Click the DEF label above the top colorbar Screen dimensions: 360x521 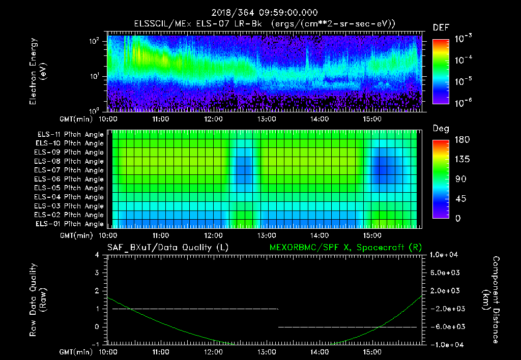tap(441, 27)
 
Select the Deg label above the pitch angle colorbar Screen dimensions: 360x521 tap(441, 129)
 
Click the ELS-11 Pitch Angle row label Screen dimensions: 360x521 tap(70, 135)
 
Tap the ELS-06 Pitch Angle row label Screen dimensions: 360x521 tap(70, 179)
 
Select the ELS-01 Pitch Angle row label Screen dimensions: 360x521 tap(70, 224)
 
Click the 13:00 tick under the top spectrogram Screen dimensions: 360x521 tap(266, 119)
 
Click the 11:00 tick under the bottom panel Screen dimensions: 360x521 tap(160, 352)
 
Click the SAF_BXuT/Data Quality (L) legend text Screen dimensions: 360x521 tap(167, 248)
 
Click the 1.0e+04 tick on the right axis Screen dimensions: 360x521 tap(445, 255)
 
